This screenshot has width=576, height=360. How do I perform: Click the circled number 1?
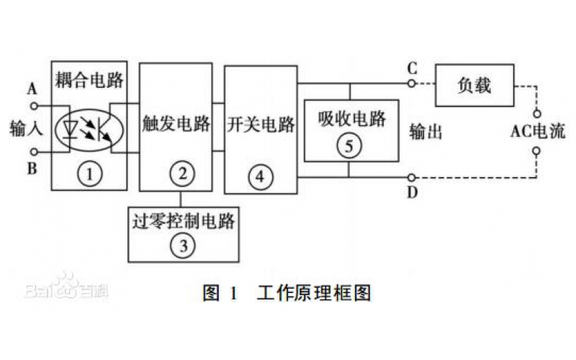point(90,174)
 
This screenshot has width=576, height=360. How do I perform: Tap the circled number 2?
point(182,173)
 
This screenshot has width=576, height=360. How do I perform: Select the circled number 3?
point(183,245)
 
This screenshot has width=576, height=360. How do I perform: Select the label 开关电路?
point(260,124)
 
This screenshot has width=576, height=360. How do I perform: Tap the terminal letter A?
point(32,89)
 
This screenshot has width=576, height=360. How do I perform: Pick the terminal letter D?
point(412,192)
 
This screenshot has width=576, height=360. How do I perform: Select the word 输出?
point(425,132)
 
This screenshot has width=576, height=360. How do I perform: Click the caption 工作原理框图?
point(313,294)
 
